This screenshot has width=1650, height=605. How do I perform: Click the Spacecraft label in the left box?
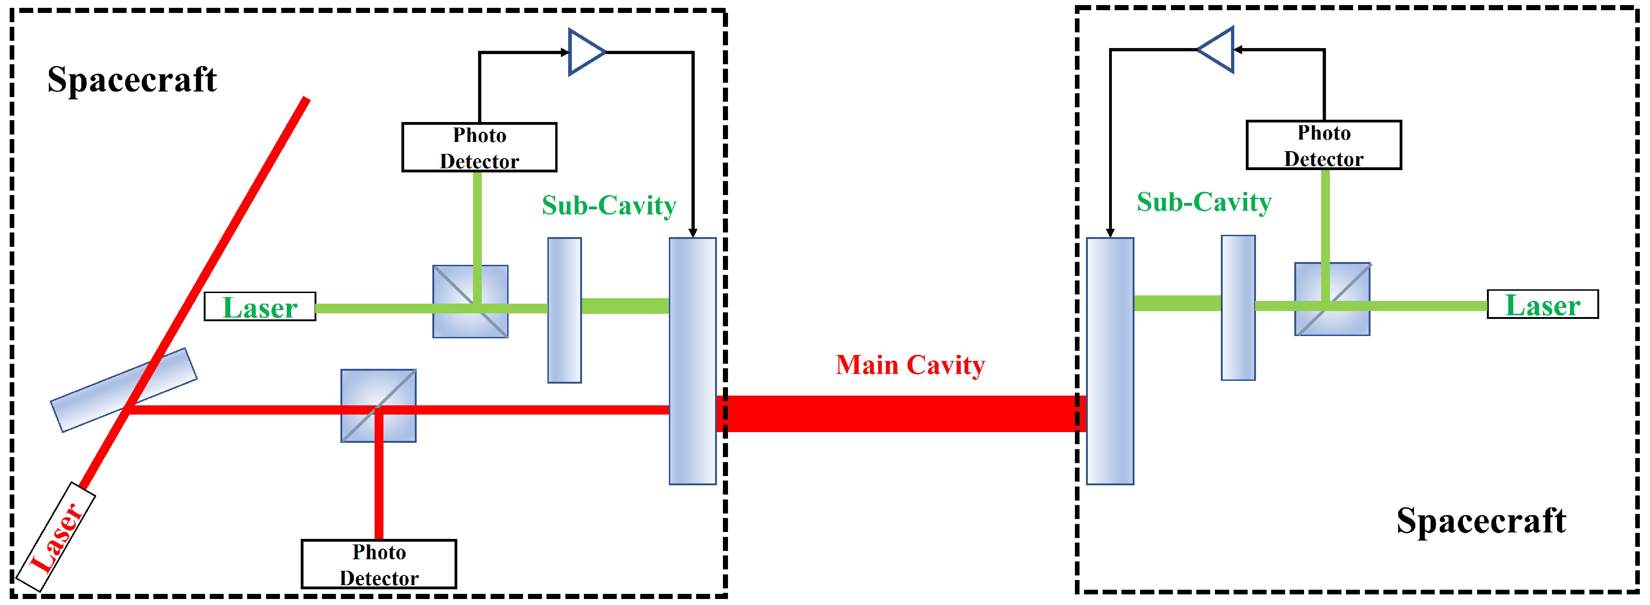pos(132,79)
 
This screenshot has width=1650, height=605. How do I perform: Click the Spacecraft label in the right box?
pos(1481,520)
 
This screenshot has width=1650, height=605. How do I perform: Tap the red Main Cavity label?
pos(910,365)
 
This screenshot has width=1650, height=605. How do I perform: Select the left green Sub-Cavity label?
pos(608,206)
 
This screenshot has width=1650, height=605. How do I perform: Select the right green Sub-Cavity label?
pos(1204,202)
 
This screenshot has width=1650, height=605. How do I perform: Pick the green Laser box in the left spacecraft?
pos(260,307)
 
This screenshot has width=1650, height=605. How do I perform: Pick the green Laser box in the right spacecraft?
pos(1542,305)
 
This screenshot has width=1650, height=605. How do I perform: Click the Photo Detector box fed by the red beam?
pos(379,564)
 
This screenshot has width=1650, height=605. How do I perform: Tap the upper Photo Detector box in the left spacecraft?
pos(479,147)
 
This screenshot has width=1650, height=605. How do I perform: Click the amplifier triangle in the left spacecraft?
pos(585,52)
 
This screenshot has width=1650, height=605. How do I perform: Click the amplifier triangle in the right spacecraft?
pos(1217,49)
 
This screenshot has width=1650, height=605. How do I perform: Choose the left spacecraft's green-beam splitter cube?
pos(470,301)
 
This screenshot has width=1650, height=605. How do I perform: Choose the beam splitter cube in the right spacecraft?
pos(1332,299)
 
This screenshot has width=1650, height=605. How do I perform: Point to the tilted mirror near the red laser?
pos(124,390)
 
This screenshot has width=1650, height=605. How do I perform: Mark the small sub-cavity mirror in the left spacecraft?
pos(564,310)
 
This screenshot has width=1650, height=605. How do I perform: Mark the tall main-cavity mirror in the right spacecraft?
pos(1110,361)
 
